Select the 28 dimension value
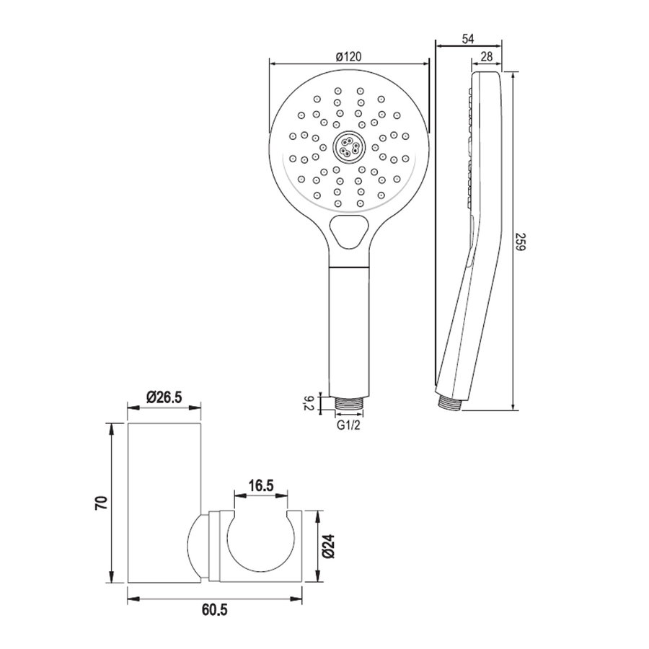coord(486,57)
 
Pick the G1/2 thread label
coord(350,425)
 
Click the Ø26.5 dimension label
coord(164,397)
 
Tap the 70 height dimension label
coord(101,503)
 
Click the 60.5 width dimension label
coord(214,611)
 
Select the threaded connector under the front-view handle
coord(350,404)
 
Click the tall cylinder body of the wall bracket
coord(164,503)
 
